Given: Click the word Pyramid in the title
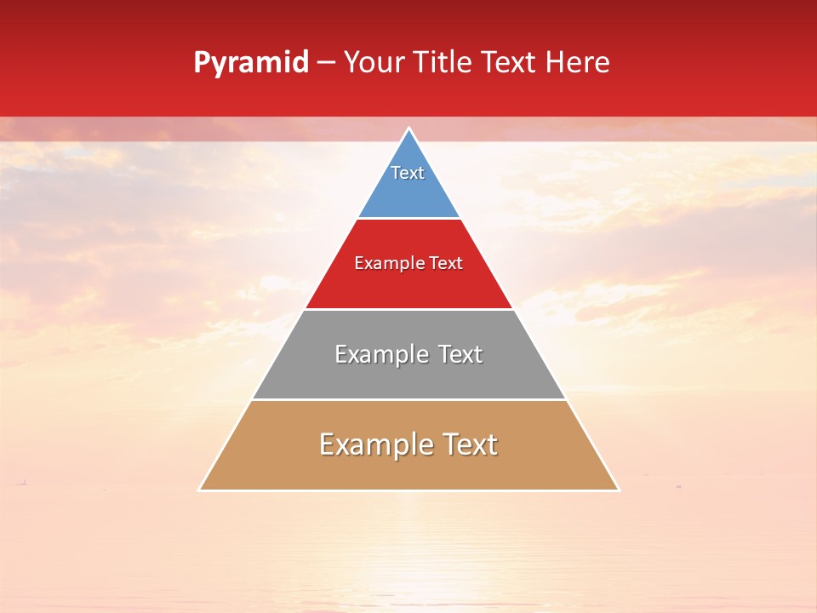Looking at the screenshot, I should [x=250, y=63].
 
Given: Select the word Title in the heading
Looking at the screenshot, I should [x=447, y=63].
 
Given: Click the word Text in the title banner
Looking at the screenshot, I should [x=511, y=63].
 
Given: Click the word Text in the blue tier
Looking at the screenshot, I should [x=408, y=173].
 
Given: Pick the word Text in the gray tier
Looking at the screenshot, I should [x=461, y=354].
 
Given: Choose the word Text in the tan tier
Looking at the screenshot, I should [x=470, y=444].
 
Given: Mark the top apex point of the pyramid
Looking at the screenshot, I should [x=409, y=129].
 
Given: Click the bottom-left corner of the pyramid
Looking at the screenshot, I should [x=199, y=490].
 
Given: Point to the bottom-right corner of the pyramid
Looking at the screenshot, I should [x=619, y=490].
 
